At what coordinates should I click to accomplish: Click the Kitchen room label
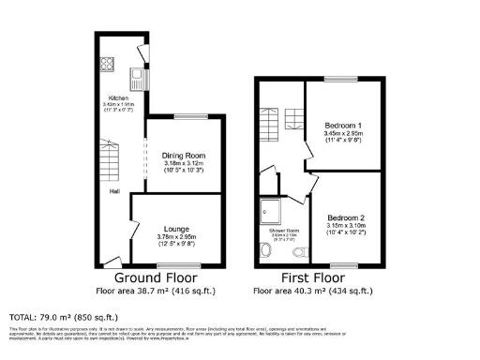click(117, 97)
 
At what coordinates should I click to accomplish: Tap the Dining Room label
click(184, 156)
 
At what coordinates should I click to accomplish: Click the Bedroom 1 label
click(342, 125)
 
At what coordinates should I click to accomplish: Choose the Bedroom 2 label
click(345, 217)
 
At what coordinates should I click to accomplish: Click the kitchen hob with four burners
click(106, 67)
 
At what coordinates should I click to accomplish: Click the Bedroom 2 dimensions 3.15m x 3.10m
click(345, 226)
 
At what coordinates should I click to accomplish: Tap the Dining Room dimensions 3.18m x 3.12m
click(184, 164)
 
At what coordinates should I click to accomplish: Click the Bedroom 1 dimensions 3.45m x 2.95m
click(342, 133)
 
